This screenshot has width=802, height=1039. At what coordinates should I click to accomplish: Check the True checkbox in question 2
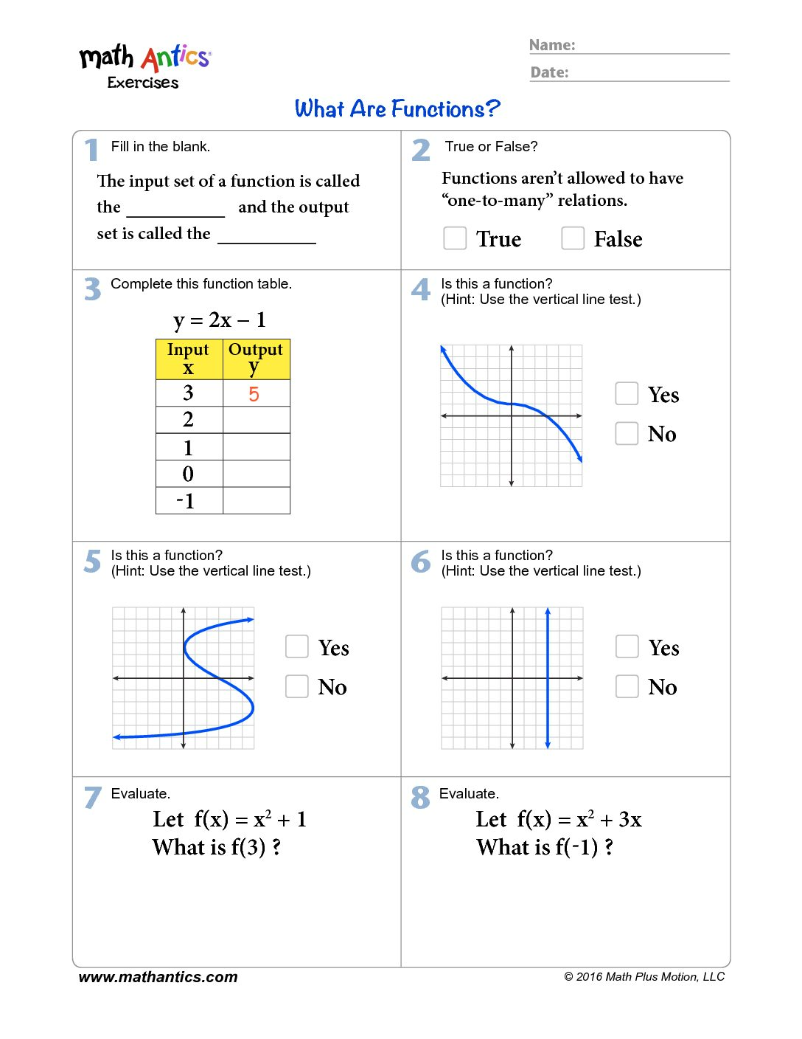point(455,238)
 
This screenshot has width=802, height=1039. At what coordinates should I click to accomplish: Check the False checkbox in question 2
point(573,238)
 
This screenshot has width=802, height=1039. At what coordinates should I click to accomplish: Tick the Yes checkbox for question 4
point(627,393)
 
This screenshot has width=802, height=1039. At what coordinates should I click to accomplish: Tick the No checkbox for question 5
point(297,686)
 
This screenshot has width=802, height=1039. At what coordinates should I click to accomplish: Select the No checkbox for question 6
point(627,686)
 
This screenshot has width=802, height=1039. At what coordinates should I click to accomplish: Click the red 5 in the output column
point(254,394)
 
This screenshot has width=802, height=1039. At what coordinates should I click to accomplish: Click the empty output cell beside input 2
point(257,420)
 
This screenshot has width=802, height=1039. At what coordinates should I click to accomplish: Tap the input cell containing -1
point(189,501)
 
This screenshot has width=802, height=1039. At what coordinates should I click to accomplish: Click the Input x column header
point(189,359)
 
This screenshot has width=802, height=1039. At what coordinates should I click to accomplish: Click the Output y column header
point(256,359)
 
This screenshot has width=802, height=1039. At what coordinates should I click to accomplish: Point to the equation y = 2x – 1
point(220,320)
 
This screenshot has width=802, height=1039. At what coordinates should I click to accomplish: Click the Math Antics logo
point(145,65)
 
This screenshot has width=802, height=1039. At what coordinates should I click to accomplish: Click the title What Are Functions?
point(397,109)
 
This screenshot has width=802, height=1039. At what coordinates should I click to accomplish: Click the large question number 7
point(92,797)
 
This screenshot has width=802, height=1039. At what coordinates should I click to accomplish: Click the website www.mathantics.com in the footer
point(158,977)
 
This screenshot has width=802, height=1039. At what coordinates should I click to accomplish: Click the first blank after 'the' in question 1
point(175,210)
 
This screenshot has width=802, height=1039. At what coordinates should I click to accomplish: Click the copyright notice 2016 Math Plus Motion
point(644,977)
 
